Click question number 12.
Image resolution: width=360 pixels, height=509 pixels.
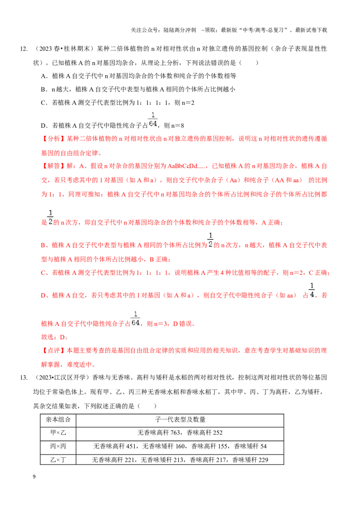click(x=24, y=49)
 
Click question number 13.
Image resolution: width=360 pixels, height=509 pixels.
click(x=24, y=378)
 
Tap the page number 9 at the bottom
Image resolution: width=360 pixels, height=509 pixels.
click(x=34, y=477)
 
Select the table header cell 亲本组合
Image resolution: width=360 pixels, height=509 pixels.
click(x=58, y=420)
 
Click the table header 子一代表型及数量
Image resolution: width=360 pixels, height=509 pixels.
click(x=180, y=420)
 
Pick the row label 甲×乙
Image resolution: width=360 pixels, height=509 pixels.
click(x=58, y=433)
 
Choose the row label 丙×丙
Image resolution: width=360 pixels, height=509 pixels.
click(x=58, y=446)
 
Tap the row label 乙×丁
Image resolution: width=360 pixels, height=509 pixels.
click(x=58, y=460)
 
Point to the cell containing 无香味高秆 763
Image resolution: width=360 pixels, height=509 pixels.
click(x=180, y=433)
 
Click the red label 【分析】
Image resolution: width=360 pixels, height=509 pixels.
click(x=54, y=138)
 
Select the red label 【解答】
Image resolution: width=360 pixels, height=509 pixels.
click(x=54, y=166)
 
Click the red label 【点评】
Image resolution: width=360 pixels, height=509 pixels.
click(x=54, y=351)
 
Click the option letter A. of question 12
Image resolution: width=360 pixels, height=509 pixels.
click(x=45, y=76)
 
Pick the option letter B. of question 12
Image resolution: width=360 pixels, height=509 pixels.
click(x=45, y=89)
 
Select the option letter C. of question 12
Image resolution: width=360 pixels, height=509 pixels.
click(x=45, y=103)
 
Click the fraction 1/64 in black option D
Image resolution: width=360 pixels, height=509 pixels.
click(x=153, y=120)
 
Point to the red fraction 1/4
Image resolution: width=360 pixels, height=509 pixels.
click(x=312, y=290)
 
